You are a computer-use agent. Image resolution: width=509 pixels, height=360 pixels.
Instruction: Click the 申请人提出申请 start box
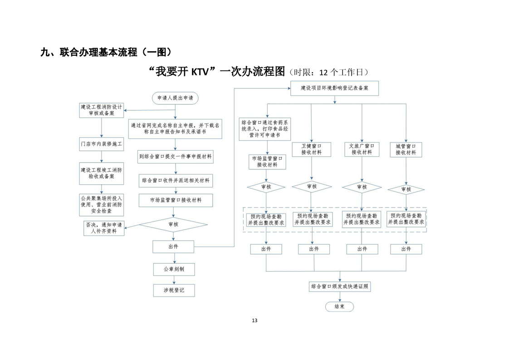[x=175, y=98]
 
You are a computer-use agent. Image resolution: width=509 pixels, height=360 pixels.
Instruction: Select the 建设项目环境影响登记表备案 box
[x=334, y=88]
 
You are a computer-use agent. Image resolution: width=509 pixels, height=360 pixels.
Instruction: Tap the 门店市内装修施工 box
[x=101, y=144]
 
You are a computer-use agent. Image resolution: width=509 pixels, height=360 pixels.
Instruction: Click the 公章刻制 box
[x=174, y=269]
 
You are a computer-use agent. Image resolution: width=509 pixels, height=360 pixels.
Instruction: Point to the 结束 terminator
[x=339, y=306]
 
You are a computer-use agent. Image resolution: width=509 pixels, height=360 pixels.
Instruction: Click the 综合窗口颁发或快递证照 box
[x=340, y=287]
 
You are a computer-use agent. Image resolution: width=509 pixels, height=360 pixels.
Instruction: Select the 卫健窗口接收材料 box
[x=312, y=149]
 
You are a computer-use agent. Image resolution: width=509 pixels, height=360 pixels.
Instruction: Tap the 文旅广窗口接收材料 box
[x=362, y=149]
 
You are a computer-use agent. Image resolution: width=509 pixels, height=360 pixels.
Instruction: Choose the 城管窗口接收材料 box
[x=406, y=149]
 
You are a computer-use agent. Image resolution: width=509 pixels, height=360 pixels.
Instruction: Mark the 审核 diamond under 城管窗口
[x=406, y=189]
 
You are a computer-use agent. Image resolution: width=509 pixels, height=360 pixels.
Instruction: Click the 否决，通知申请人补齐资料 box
[x=103, y=228]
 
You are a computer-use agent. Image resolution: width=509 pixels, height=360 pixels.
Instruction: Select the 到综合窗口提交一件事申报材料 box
[x=176, y=157]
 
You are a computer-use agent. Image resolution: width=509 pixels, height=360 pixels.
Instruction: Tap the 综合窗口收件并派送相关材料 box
[x=176, y=180]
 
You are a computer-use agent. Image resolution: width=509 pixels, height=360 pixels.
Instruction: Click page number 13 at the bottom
[x=254, y=321]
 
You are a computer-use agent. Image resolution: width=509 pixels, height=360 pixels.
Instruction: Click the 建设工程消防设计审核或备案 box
[x=101, y=110]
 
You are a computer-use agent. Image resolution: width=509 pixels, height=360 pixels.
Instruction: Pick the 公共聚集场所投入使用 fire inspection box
[x=101, y=205]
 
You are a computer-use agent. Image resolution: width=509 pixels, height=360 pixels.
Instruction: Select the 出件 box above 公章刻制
[x=173, y=247]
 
